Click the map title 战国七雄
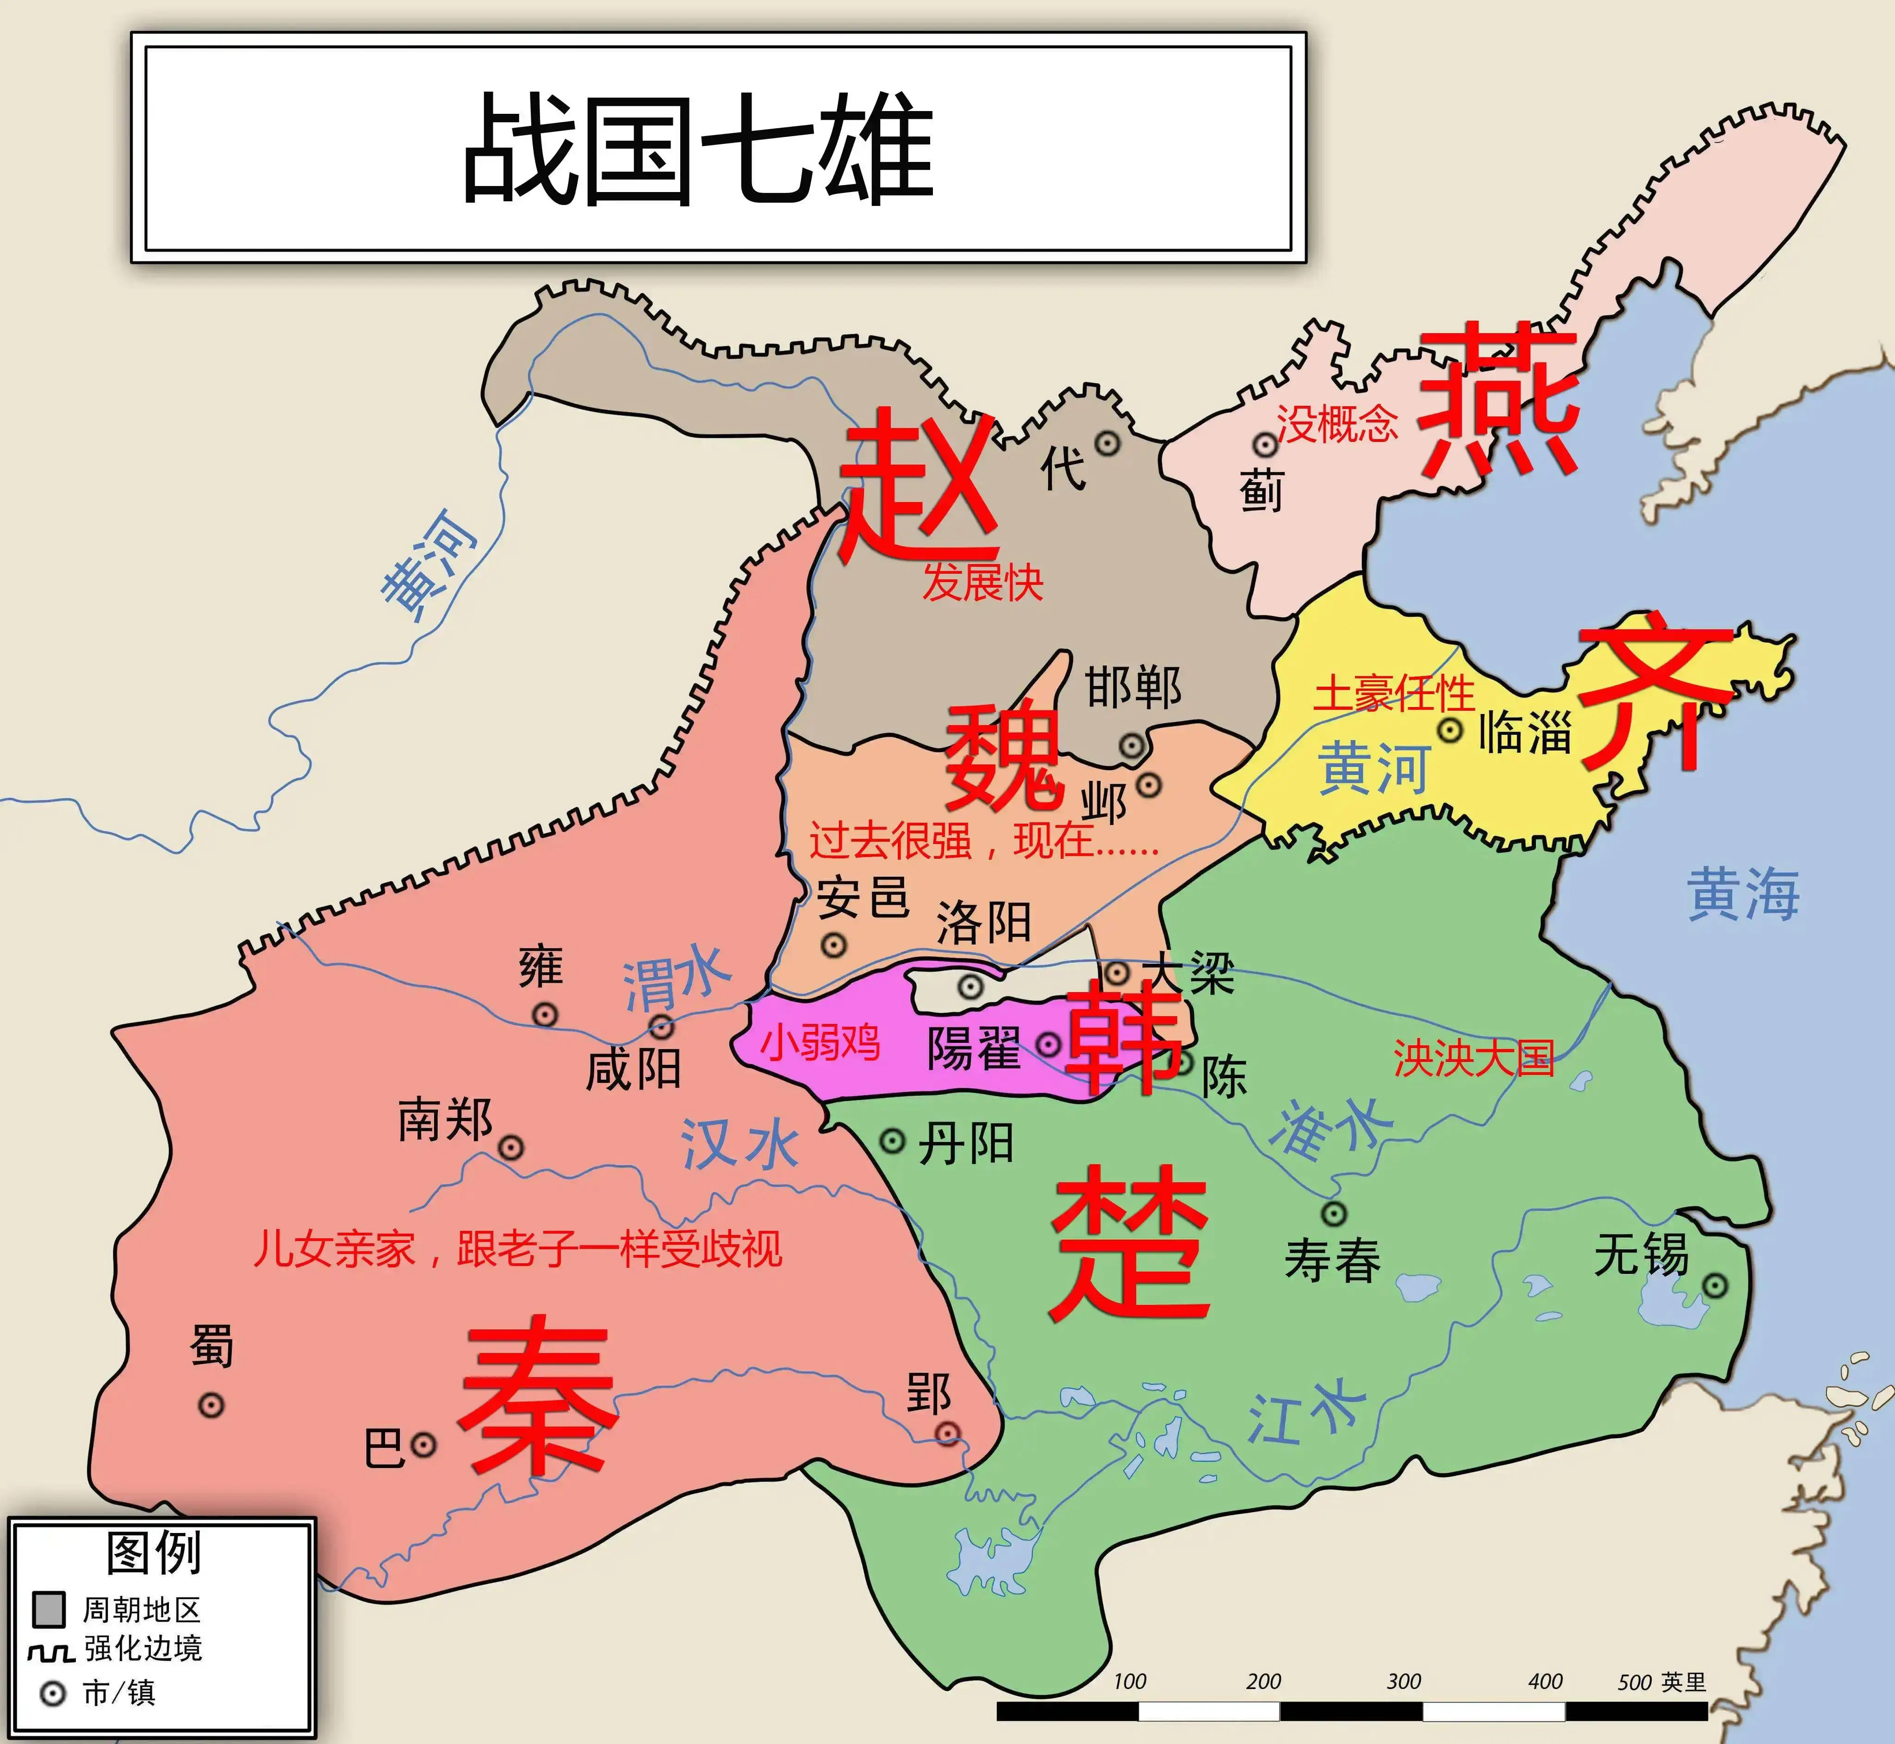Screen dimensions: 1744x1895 698,148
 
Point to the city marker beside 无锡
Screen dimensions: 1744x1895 1715,1285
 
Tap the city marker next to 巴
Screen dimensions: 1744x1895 424,1444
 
